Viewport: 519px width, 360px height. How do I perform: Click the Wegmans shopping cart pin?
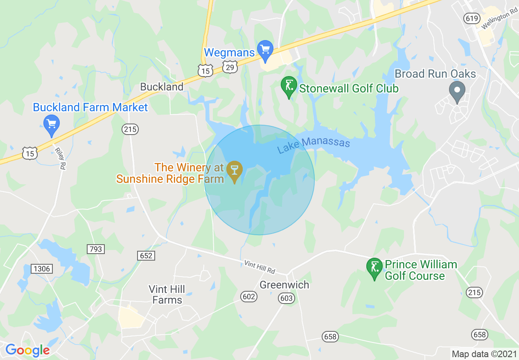pyautogui.click(x=266, y=49)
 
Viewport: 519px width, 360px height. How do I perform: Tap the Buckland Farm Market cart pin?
pyautogui.click(x=52, y=124)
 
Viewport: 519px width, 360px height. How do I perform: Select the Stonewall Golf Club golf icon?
pyautogui.click(x=289, y=87)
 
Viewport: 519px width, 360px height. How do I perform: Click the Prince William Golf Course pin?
pyautogui.click(x=374, y=268)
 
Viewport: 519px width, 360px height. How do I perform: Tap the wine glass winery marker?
pyautogui.click(x=235, y=171)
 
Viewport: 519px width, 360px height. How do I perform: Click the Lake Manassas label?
pyautogui.click(x=314, y=145)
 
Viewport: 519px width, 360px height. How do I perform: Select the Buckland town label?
pyautogui.click(x=162, y=87)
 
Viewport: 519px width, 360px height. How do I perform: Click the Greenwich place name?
pyautogui.click(x=284, y=285)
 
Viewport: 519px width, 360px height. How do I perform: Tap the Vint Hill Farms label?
pyautogui.click(x=167, y=295)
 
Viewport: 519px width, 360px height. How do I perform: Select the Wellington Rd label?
pyautogui.click(x=499, y=20)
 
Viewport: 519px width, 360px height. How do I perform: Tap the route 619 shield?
pyautogui.click(x=472, y=18)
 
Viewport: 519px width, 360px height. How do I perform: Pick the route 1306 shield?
pyautogui.click(x=42, y=269)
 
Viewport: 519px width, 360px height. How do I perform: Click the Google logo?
pyautogui.click(x=27, y=350)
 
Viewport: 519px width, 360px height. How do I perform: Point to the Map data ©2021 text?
pyautogui.click(x=483, y=354)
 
